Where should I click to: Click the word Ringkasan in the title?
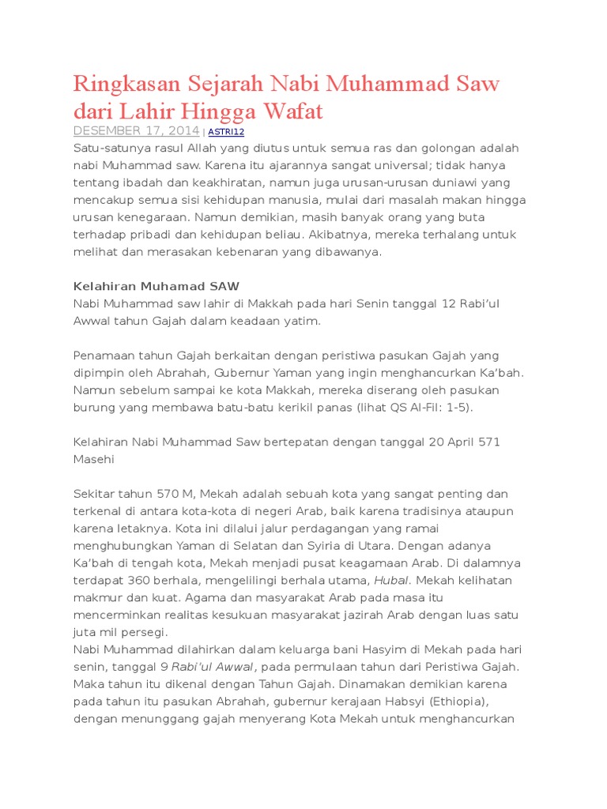click(x=126, y=85)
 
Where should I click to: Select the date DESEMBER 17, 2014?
click(x=136, y=131)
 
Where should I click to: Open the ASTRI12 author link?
click(x=226, y=132)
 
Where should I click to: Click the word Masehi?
click(x=94, y=459)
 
